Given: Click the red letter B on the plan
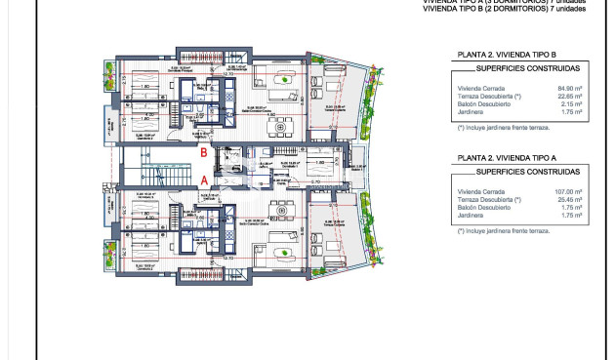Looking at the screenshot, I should (x=203, y=152).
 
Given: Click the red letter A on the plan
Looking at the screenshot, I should (x=203, y=180).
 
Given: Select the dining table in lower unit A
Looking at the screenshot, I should (x=282, y=210).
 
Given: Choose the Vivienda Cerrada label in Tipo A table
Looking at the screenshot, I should (x=478, y=192).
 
